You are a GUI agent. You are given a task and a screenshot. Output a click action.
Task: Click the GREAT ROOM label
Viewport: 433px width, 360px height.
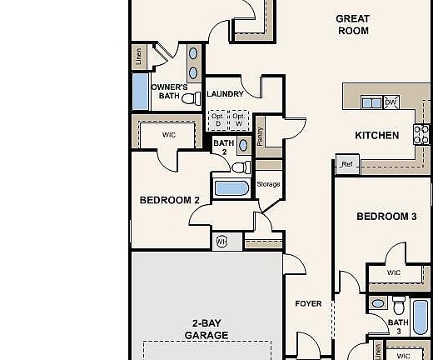click(352, 24)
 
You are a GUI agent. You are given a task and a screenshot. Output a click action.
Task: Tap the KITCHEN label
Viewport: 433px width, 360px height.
click(376, 135)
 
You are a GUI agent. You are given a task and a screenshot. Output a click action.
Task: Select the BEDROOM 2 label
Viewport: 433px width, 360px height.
click(169, 200)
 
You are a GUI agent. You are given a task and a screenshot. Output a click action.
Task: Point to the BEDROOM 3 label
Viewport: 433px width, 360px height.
click(386, 217)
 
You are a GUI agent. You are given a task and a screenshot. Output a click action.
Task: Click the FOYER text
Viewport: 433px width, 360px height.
click(308, 303)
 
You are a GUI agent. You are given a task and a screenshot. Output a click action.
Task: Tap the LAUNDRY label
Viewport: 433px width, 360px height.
click(225, 94)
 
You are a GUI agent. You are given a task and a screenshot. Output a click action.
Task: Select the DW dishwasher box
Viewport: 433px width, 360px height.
click(391, 102)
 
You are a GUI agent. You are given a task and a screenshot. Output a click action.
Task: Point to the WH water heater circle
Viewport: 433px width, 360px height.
click(221, 242)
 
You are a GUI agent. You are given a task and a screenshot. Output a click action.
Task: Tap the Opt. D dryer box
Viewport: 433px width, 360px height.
click(217, 120)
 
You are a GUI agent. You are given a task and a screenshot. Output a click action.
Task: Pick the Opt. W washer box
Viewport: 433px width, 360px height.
click(240, 120)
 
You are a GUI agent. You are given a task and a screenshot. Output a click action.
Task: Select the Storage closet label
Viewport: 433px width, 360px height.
click(268, 184)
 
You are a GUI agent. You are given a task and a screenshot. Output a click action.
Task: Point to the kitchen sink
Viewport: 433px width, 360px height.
click(370, 102)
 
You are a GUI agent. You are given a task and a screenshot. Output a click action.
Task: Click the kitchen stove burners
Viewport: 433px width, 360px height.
click(421, 134)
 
